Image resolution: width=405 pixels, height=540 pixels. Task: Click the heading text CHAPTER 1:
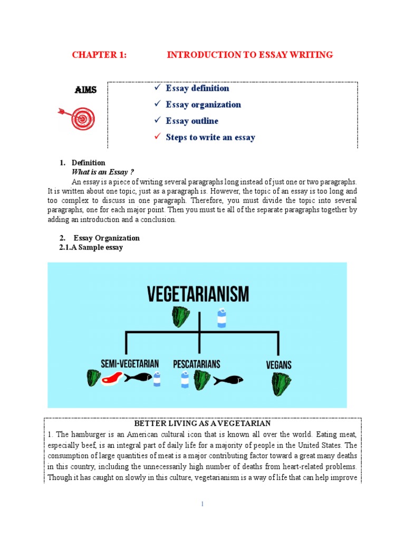point(99,55)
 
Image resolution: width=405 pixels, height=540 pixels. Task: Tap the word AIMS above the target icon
point(85,90)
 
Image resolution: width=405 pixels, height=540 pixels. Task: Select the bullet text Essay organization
point(203,104)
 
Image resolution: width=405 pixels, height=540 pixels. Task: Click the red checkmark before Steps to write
point(157,137)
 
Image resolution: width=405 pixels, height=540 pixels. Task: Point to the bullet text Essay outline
point(191,121)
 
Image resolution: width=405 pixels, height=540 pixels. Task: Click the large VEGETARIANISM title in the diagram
point(198,294)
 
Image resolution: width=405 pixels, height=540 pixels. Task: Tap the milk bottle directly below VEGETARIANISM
point(221,318)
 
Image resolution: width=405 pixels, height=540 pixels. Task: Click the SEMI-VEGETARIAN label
point(130,364)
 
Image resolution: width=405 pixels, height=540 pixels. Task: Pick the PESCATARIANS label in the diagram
point(197,364)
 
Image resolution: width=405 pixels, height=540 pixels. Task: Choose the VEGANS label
point(279,365)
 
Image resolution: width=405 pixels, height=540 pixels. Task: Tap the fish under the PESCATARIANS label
point(228,380)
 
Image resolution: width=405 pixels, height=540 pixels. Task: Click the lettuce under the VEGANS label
point(281,384)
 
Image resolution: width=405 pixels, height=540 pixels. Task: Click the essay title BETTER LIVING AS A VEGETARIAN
point(202,423)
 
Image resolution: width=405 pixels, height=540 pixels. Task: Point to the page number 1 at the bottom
point(202,504)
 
